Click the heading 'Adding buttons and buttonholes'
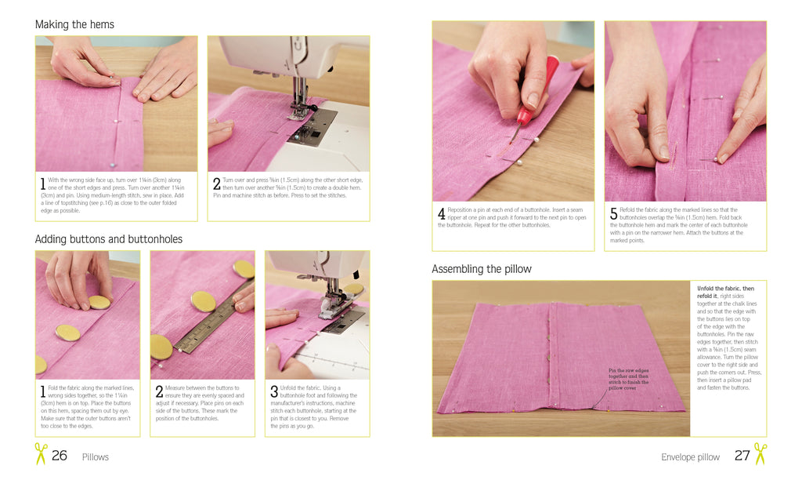click(108, 238)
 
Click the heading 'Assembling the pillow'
click(482, 269)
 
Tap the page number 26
click(60, 456)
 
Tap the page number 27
click(742, 456)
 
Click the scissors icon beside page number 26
click(41, 454)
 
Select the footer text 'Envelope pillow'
click(690, 457)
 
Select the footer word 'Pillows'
click(95, 457)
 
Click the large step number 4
click(442, 213)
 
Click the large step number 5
click(614, 213)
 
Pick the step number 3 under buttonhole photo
click(274, 391)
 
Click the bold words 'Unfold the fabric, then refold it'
click(725, 292)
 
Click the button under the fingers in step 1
click(99, 302)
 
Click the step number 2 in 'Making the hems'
click(217, 184)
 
